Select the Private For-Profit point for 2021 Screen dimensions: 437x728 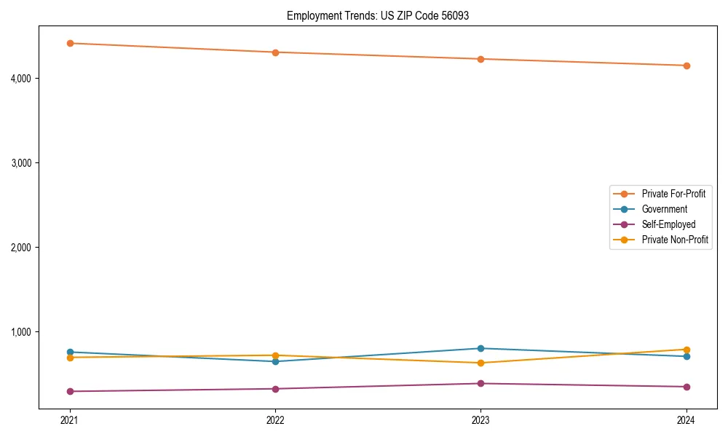[x=70, y=43]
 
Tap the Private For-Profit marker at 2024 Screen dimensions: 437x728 [x=687, y=66]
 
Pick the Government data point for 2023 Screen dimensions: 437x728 [x=480, y=348]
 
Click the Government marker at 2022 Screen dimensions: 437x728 [x=275, y=361]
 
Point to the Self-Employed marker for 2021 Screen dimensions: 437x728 [x=70, y=391]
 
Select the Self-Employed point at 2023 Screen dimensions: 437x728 [x=480, y=383]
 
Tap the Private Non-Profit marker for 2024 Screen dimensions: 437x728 [x=687, y=350]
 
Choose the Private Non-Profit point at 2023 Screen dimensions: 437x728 [x=480, y=363]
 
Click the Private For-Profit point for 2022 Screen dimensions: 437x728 [x=275, y=52]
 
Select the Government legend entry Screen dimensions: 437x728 [x=664, y=209]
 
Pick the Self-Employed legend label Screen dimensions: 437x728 [x=668, y=224]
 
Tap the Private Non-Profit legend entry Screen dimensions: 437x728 [x=675, y=240]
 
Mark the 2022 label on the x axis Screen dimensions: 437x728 [x=275, y=420]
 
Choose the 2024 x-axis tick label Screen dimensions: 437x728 [x=687, y=420]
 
